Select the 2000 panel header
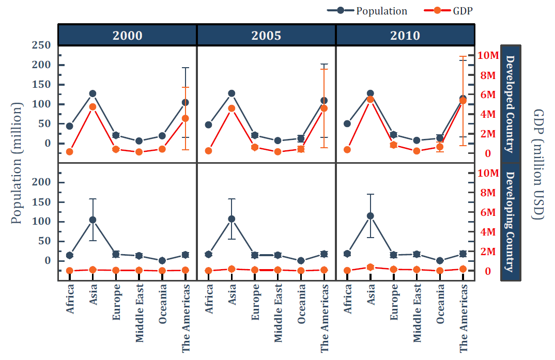click(x=127, y=35)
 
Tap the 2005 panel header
click(x=266, y=35)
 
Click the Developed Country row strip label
click(x=510, y=104)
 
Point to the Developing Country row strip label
click(x=510, y=222)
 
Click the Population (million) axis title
click(x=17, y=163)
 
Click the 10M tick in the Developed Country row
click(x=487, y=55)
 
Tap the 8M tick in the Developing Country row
click(x=487, y=193)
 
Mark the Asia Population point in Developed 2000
click(x=92, y=93)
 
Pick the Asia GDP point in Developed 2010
click(x=370, y=99)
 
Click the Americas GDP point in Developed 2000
click(x=186, y=118)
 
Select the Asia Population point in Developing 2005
click(x=232, y=218)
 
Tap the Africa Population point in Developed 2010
click(x=347, y=123)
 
